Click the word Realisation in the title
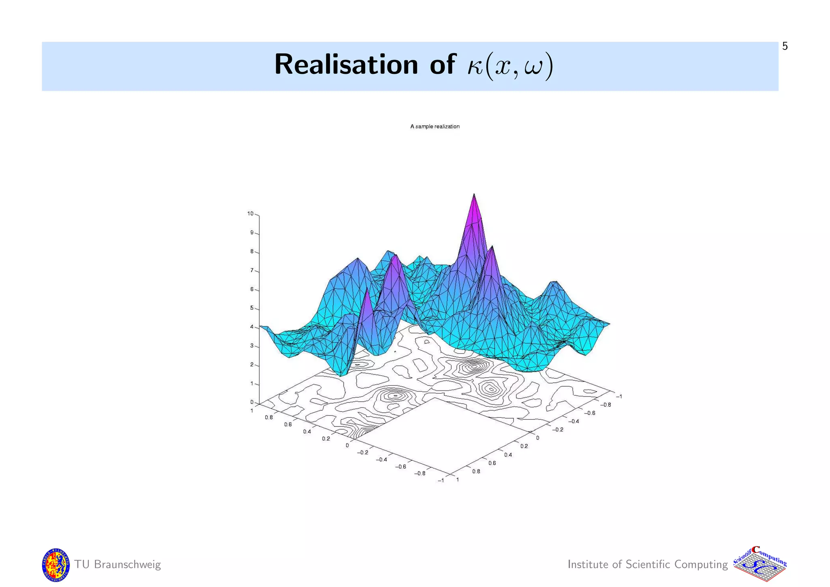346,65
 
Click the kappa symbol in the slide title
475,66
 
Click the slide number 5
785,47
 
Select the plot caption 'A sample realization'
434,126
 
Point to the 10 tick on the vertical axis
251,214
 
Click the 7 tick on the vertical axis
252,270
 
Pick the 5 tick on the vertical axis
252,308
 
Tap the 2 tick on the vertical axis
252,365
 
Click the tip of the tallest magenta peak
474,195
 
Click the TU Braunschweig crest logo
56,565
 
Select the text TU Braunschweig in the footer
118,565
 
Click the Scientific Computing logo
760,565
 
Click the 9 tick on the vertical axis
252,233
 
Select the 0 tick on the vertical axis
252,403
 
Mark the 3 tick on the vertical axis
252,346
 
